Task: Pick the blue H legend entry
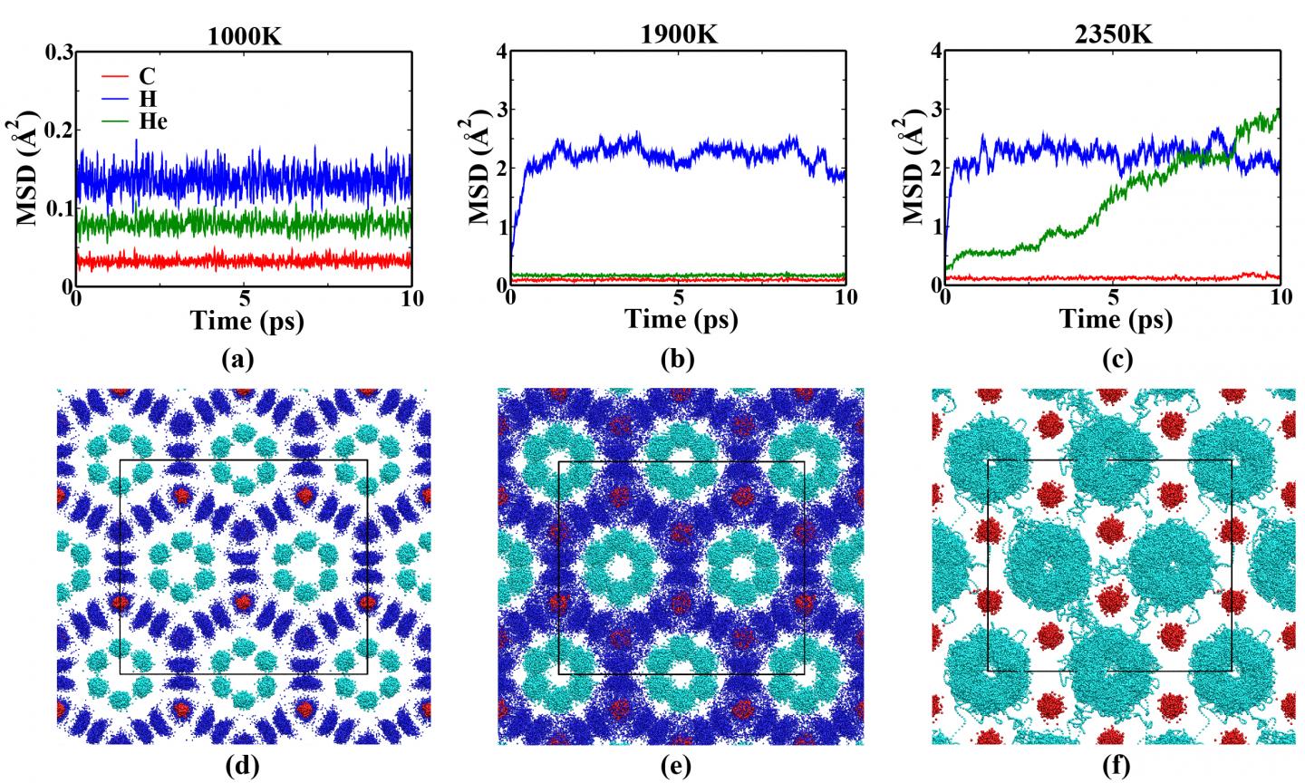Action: click(x=136, y=98)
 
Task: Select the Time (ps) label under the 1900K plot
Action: click(x=679, y=319)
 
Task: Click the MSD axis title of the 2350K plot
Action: click(x=913, y=168)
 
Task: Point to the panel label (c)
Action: click(x=1113, y=359)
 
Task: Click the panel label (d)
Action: click(x=243, y=767)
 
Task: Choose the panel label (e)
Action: click(x=678, y=767)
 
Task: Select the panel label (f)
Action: click(x=1113, y=767)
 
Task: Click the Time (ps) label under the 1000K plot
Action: click(x=244, y=319)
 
